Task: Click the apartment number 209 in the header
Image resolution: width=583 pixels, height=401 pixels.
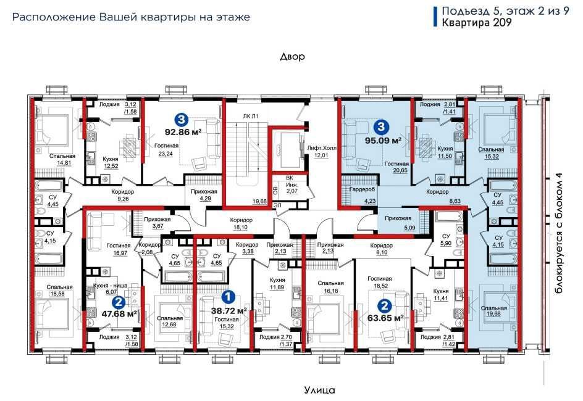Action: click(x=502, y=23)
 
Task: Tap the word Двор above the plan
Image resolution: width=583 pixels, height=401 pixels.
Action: click(x=293, y=57)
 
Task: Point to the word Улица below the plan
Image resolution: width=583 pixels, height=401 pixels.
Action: click(x=319, y=391)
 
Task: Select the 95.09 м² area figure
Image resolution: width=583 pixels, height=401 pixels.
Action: click(x=383, y=141)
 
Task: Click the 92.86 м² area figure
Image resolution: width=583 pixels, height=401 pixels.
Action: click(x=183, y=132)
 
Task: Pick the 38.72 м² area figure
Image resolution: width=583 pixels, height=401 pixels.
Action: click(x=229, y=310)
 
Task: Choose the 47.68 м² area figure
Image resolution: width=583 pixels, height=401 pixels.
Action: click(x=119, y=314)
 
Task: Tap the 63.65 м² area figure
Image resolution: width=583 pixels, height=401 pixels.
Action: click(x=385, y=318)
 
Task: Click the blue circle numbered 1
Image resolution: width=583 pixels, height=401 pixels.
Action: click(x=227, y=297)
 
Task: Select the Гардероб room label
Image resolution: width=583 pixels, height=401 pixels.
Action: click(x=362, y=189)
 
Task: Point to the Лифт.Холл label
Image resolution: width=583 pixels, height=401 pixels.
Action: click(x=322, y=148)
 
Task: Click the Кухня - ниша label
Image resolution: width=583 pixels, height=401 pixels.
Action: click(x=110, y=286)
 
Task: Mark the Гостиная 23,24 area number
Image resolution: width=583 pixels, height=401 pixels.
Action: click(x=166, y=154)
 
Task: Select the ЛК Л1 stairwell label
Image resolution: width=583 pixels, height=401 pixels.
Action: click(x=250, y=116)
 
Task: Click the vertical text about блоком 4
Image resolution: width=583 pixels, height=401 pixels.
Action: click(x=559, y=233)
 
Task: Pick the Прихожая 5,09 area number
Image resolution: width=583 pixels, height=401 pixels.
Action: click(x=409, y=228)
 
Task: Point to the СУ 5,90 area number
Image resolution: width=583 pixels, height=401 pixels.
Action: click(x=446, y=243)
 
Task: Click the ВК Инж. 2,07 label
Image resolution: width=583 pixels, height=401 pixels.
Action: click(x=290, y=184)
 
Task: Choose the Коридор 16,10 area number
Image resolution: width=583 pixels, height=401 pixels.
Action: click(x=241, y=227)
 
